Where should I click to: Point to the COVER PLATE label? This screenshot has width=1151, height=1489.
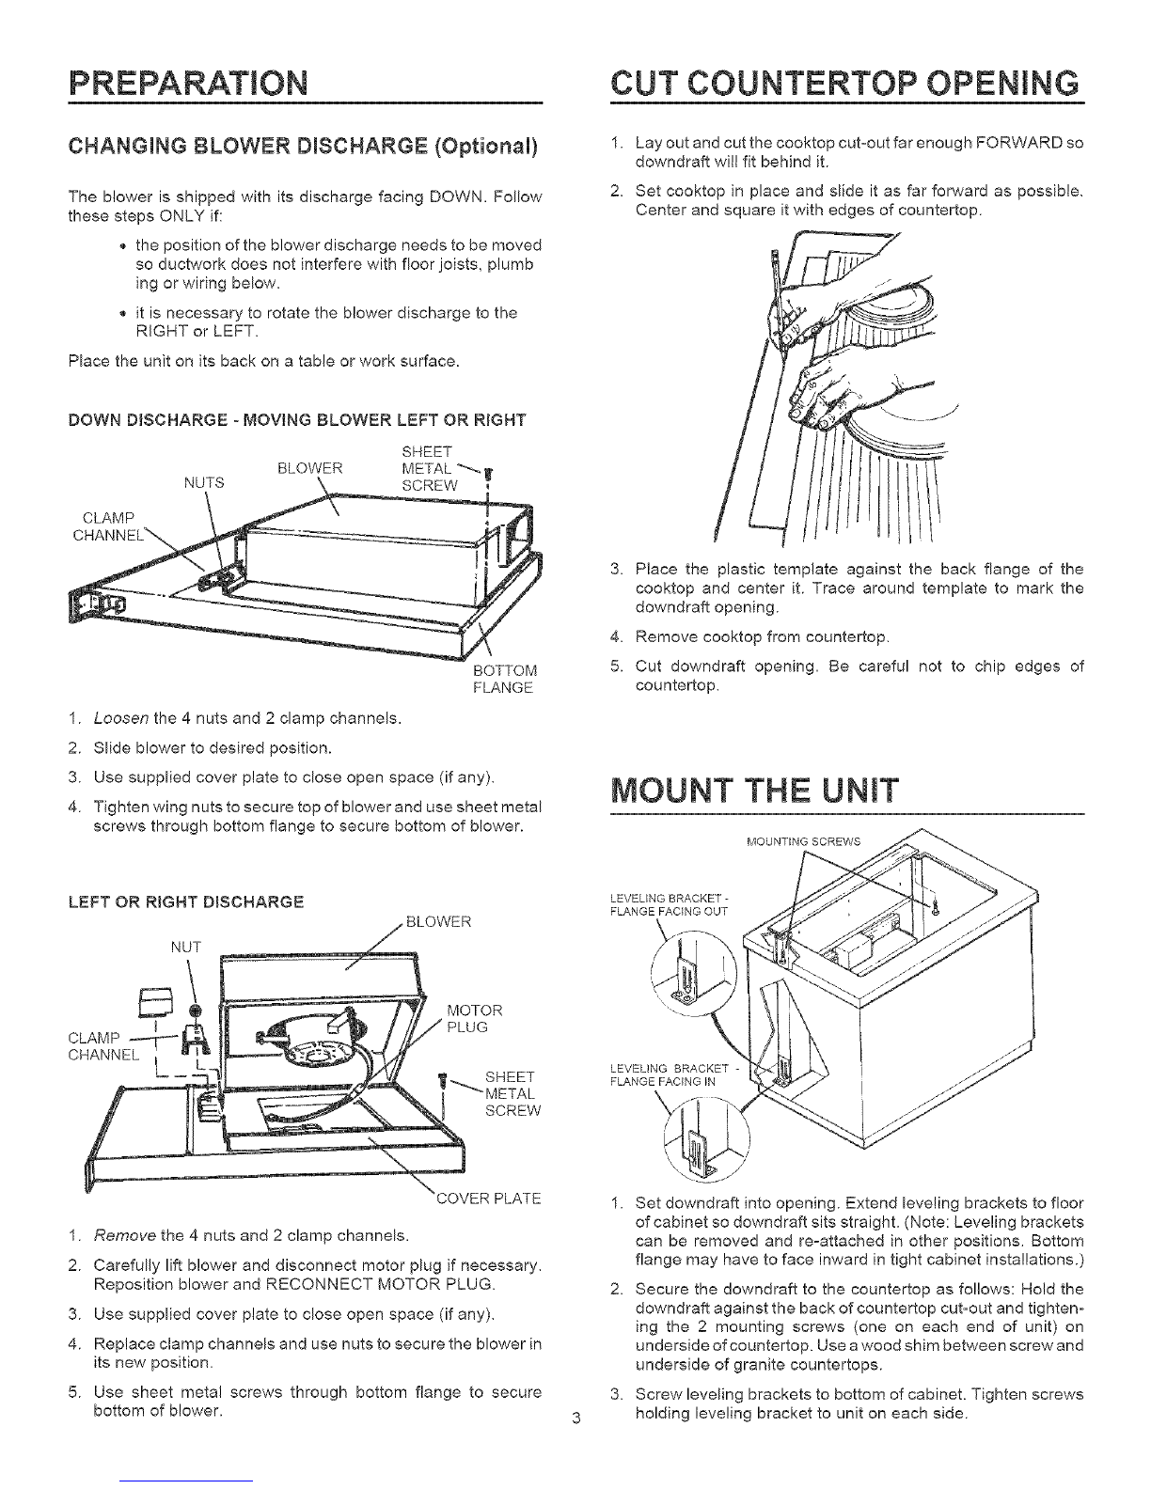pyautogui.click(x=488, y=1199)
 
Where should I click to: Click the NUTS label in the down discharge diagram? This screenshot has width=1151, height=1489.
pyautogui.click(x=204, y=484)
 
